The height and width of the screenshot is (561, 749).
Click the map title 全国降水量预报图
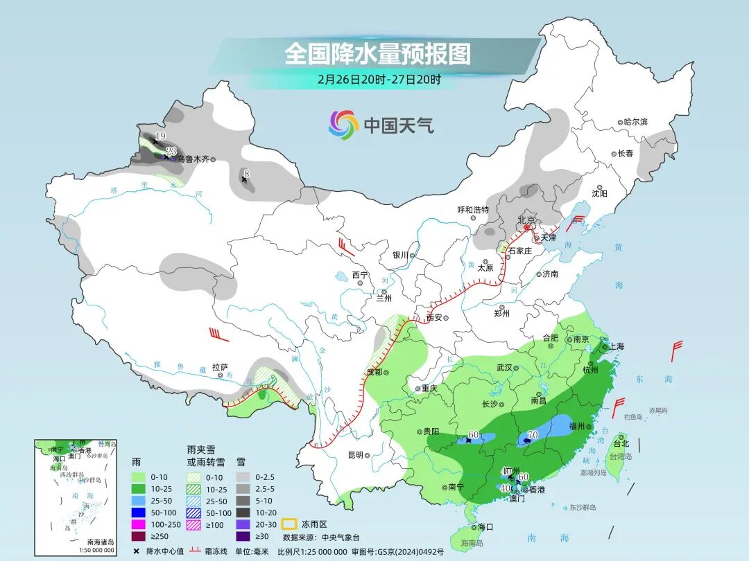(x=377, y=53)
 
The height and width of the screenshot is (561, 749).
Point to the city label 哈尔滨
(x=635, y=122)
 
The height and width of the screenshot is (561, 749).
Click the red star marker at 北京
(x=526, y=227)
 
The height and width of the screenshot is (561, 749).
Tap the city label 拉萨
(x=220, y=367)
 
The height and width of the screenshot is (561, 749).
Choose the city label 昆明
(x=355, y=455)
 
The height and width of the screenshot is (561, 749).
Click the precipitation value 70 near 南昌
(x=532, y=435)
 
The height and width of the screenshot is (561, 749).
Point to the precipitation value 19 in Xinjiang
(x=160, y=136)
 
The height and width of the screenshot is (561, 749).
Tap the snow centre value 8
(x=246, y=172)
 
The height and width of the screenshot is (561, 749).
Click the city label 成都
(x=374, y=372)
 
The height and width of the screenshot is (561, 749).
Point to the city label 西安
(x=435, y=318)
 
